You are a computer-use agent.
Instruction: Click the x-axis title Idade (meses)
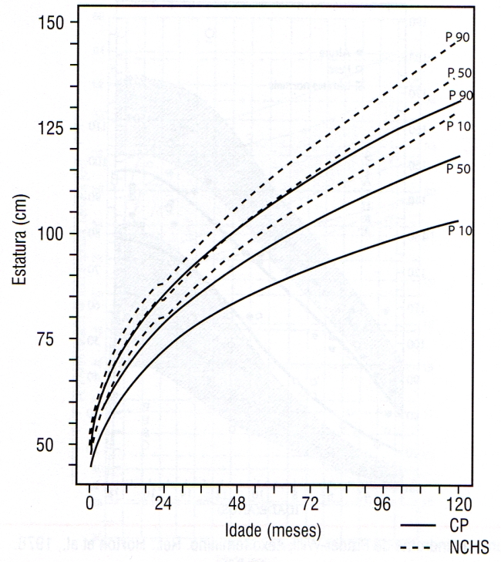(274, 531)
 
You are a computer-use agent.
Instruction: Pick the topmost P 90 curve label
(458, 35)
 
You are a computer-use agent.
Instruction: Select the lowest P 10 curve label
(460, 231)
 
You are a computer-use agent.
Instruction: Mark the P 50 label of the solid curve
(460, 169)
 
